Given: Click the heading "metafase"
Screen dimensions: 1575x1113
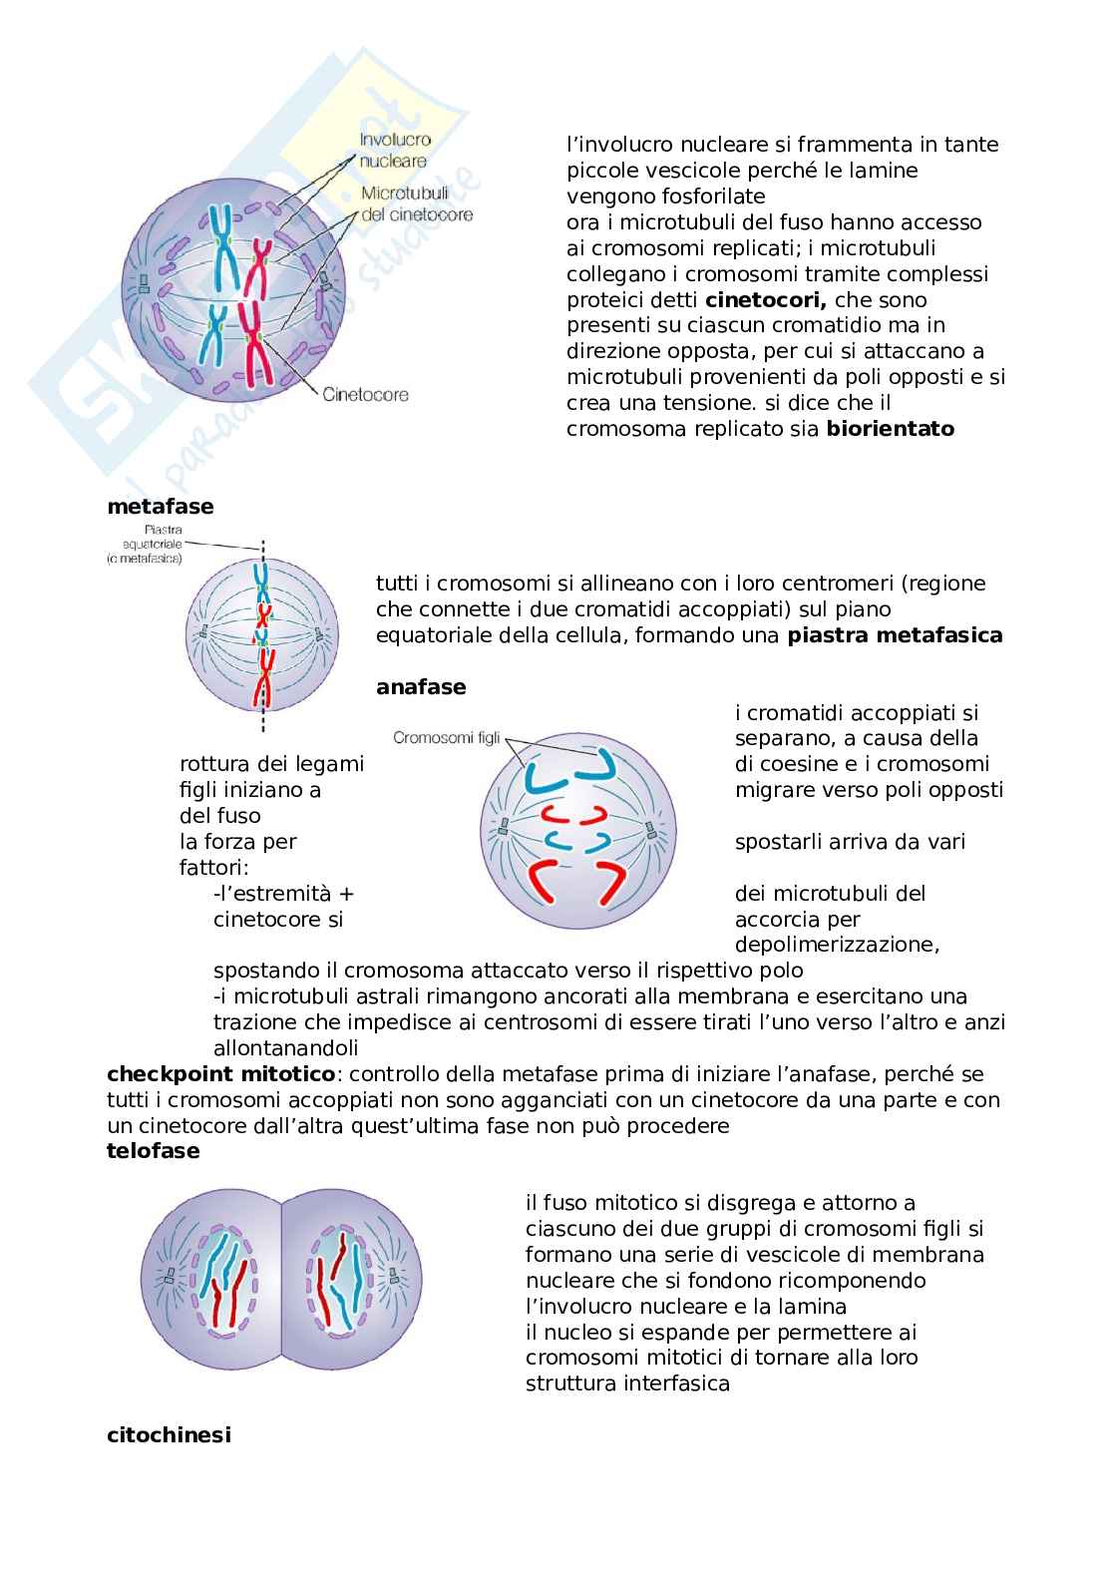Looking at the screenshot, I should (160, 506).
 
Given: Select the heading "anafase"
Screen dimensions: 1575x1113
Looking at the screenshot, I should (420, 686).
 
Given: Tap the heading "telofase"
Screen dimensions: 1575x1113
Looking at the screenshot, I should (153, 1151).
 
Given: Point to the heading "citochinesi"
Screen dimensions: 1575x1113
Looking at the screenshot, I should (169, 1434).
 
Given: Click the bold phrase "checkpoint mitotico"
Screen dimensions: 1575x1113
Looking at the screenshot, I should (220, 1073).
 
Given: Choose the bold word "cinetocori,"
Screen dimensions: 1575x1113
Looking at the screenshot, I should (766, 299).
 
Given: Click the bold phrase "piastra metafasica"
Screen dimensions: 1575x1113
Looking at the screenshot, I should (895, 634).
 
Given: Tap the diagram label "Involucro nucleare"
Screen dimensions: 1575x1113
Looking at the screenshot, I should (395, 151).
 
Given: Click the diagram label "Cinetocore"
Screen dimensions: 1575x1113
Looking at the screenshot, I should (365, 394).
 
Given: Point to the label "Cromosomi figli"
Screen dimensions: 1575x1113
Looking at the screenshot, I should (446, 738).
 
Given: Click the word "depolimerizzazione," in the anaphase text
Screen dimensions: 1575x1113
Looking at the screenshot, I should (837, 944).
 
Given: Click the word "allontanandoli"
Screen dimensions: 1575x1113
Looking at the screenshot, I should (285, 1047).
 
